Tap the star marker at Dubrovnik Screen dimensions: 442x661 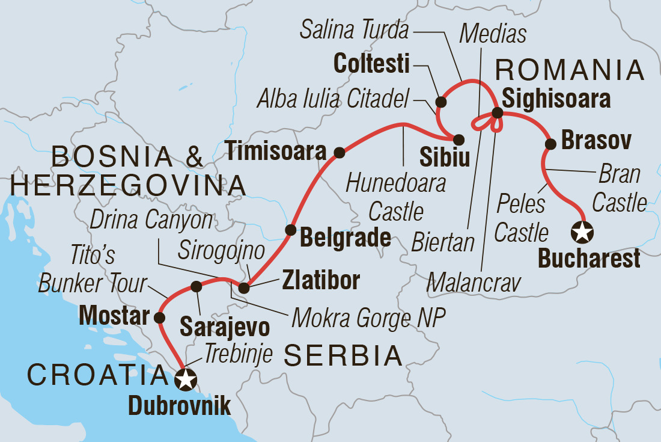pos(186,379)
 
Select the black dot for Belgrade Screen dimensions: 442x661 pos(290,229)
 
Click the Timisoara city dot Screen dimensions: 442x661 pos(339,153)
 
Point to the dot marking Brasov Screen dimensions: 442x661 pos(550,144)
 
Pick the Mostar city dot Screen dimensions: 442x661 pos(159,317)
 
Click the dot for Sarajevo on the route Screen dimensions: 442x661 pos(196,287)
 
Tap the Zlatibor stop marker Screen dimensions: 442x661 pos(243,289)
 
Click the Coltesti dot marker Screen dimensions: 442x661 pos(440,101)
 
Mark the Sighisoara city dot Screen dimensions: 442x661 pos(498,112)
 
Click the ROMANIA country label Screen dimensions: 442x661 pos(569,71)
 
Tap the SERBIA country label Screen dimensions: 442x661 pos(343,356)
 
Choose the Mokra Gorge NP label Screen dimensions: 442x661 pos(368,319)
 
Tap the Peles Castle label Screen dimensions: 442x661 pos(522,218)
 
